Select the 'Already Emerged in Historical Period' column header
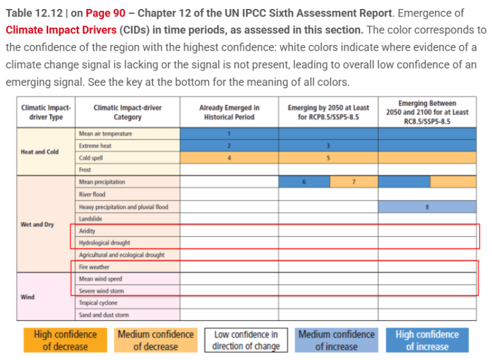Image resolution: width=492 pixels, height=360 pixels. point(229,112)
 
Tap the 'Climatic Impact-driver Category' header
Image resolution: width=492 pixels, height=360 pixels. point(127,112)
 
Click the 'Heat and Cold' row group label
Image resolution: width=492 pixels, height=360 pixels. point(40,152)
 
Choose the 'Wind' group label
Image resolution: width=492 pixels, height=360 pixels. point(28,297)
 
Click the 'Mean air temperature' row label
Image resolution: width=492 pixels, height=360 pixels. point(106,134)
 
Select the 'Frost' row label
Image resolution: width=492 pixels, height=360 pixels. point(85,170)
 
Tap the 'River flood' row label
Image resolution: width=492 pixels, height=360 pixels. point(92,194)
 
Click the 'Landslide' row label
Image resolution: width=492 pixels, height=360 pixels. point(90,218)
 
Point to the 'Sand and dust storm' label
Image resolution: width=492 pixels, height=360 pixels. point(104,315)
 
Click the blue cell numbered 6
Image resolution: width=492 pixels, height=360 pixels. point(304,182)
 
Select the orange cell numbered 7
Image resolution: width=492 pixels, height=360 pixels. point(354,182)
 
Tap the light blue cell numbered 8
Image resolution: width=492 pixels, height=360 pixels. point(427,206)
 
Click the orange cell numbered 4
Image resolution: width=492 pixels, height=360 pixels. point(229,158)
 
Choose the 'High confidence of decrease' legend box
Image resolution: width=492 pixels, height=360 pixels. point(65,340)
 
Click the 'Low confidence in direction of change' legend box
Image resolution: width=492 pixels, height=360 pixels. point(246,340)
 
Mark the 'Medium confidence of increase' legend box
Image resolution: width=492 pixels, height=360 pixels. point(336,340)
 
